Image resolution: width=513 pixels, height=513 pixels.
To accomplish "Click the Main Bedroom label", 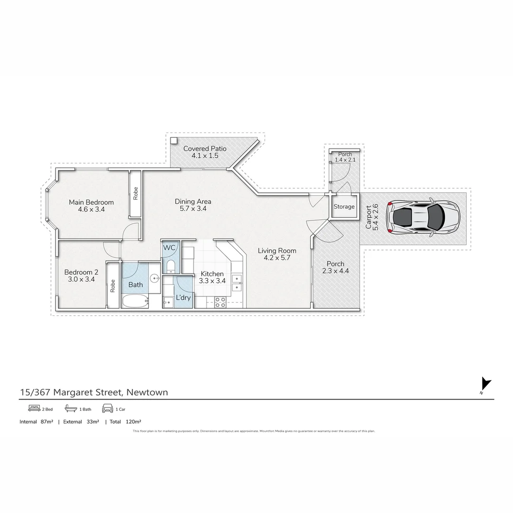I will coord(91,202).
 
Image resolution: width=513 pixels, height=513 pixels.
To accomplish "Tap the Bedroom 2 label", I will coord(81,272).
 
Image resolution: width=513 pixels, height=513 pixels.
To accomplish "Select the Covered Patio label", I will coord(205,149).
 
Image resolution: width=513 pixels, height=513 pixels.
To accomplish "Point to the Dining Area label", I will coord(193,201).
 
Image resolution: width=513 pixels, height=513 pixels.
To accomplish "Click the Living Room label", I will coord(277,251).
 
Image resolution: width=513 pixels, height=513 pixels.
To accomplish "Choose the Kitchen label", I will coord(212,274).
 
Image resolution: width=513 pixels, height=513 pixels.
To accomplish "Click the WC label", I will coord(169,248).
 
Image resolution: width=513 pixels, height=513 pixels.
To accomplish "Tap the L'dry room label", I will coord(183,298).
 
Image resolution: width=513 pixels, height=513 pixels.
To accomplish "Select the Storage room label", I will coord(344,207).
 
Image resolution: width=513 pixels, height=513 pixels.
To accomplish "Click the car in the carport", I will coord(423,218).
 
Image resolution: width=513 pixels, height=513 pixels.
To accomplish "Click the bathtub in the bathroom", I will coord(135,301).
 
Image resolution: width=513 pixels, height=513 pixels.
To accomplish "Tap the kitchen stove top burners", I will coord(220,302).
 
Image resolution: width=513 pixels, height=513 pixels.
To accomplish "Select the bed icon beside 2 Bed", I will coord(34,408).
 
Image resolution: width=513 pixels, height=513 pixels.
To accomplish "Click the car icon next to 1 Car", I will coord(107,408).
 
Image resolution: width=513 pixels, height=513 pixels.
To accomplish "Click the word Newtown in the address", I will coord(148,392).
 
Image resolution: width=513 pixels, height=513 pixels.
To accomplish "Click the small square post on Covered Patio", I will coord(174,141).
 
